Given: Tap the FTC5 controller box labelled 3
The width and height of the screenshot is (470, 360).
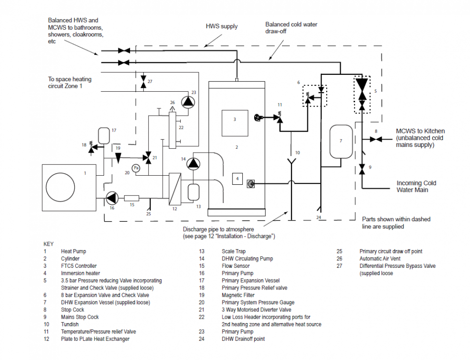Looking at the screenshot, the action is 235,123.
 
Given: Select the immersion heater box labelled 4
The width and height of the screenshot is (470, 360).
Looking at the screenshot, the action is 237,179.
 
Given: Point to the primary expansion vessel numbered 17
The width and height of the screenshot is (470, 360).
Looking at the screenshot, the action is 104,136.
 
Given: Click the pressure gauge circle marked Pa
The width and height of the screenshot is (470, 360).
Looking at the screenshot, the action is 136,168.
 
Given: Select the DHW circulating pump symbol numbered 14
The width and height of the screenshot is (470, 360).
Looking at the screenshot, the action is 193,164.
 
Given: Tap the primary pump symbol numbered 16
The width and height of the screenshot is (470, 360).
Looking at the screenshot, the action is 112,198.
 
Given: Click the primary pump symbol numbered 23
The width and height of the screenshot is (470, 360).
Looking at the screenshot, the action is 188,102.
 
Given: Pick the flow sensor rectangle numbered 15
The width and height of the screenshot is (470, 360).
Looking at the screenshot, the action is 131,198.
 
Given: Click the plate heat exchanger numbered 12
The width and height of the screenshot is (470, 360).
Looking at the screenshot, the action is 175,189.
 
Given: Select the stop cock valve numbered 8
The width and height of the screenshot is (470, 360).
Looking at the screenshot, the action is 376,139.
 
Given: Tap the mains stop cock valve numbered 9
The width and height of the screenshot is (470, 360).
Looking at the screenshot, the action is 362,169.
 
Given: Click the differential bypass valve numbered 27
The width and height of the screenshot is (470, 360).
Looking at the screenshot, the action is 143,81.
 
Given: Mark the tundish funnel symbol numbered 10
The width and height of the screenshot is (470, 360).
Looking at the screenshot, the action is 291,162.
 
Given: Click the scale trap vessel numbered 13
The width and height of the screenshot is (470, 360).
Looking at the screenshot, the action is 193,192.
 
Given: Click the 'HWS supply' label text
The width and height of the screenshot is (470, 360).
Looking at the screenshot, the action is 222,26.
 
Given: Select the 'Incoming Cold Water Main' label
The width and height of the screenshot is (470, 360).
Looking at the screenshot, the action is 416,186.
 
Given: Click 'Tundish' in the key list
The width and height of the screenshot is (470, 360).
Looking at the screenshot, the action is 70,324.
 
